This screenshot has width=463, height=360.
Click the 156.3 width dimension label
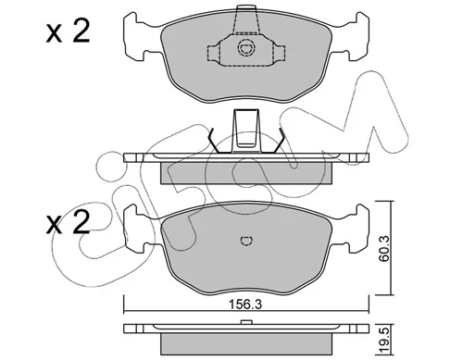coord(245,304)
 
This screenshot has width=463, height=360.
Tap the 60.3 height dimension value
coord(384,249)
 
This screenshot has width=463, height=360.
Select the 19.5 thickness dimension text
coord(383,341)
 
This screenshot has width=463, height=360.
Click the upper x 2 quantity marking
coord(68,31)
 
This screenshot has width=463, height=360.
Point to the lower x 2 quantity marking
coord(68,222)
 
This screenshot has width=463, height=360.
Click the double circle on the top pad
coord(246,48)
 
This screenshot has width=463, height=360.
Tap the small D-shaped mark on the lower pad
coord(246,241)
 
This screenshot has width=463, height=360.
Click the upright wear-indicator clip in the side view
coord(246,130)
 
